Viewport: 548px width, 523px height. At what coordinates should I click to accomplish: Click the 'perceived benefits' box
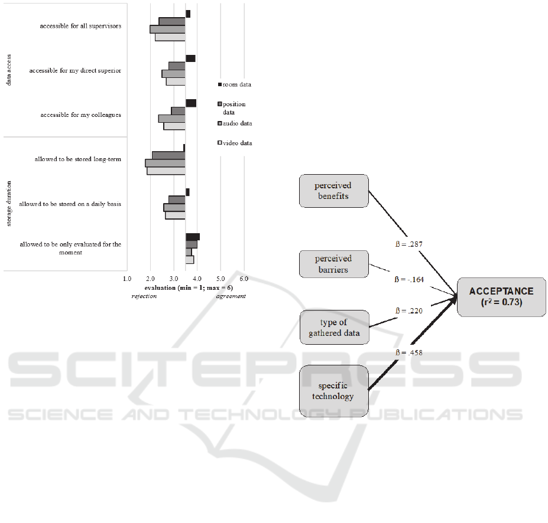(334, 191)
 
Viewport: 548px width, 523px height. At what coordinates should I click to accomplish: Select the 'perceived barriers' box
(333, 264)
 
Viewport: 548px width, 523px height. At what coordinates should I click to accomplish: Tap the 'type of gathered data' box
(334, 328)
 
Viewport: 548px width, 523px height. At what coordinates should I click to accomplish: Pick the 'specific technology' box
(334, 391)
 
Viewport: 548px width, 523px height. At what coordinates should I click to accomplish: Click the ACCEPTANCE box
(501, 297)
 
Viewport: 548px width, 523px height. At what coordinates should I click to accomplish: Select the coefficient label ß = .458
(408, 352)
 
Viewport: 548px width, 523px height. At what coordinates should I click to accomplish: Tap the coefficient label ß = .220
(408, 310)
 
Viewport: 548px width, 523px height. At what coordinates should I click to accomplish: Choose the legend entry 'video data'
(237, 143)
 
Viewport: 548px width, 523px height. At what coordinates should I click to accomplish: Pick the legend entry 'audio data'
(237, 123)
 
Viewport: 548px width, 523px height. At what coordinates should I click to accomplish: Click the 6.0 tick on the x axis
(244, 277)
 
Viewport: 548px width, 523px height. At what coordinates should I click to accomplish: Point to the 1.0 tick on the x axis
(127, 277)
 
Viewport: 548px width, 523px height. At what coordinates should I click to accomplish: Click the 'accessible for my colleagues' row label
(80, 115)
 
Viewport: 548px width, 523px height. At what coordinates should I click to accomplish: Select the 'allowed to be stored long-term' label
(77, 159)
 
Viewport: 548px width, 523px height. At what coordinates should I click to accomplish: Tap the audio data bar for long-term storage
(166, 163)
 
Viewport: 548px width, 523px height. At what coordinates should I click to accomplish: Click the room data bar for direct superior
(190, 58)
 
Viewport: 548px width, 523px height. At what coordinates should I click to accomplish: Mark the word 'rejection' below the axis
(144, 296)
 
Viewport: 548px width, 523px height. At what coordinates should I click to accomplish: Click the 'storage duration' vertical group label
(9, 204)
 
